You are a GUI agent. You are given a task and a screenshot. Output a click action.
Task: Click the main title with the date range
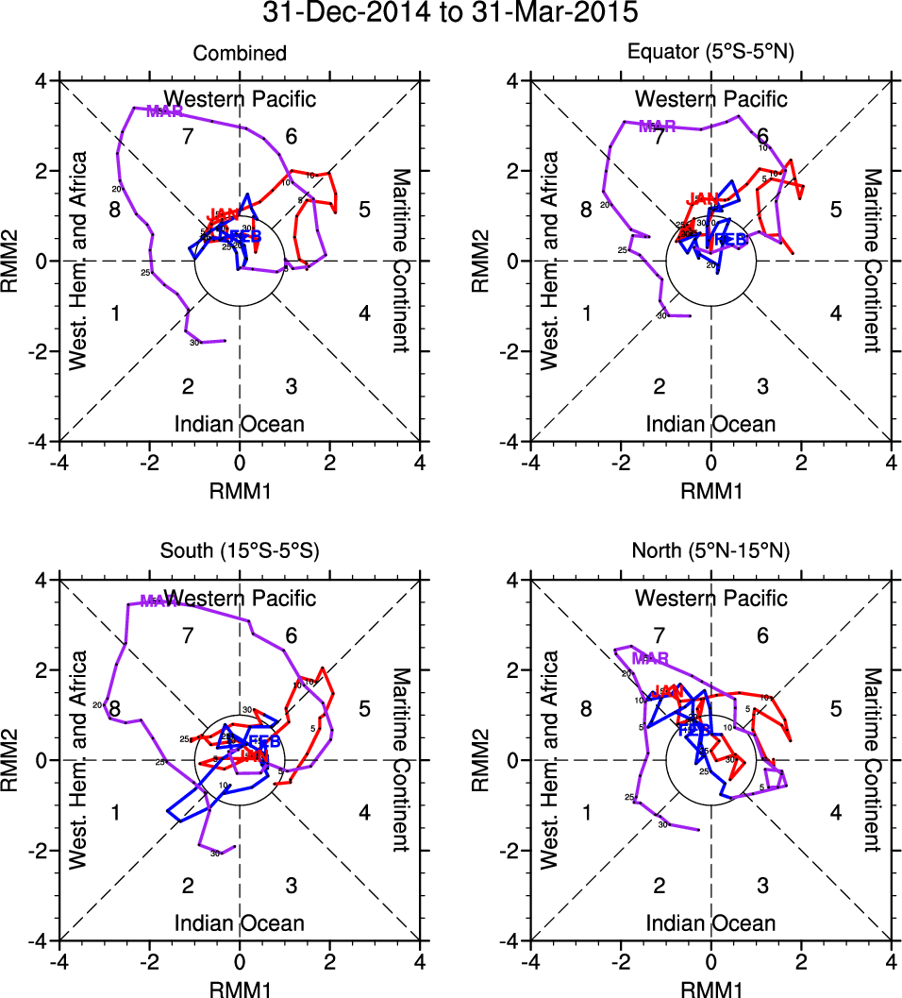pos(450,13)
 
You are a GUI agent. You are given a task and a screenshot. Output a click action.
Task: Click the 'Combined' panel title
pos(239,54)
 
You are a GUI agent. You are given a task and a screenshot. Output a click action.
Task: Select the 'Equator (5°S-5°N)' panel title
pos(710,54)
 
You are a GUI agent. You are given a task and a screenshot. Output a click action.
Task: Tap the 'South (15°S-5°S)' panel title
pos(239,552)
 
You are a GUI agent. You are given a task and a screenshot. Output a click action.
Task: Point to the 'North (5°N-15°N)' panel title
pos(710,552)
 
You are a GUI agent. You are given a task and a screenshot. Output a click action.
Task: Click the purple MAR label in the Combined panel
pos(164,111)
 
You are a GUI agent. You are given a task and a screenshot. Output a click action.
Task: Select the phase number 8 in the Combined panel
pos(114,210)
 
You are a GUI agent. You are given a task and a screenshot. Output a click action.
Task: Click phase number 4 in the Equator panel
pos(835,313)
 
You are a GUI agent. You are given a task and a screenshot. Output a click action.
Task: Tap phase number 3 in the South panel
pos(292,885)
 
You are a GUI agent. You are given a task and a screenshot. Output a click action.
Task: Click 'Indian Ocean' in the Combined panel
pos(239,424)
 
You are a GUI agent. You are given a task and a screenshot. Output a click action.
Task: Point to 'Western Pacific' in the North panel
pos(710,598)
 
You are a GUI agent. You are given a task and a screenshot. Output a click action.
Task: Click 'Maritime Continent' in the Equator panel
pos(873,261)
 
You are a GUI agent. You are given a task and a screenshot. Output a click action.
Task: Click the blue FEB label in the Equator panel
pos(729,240)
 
